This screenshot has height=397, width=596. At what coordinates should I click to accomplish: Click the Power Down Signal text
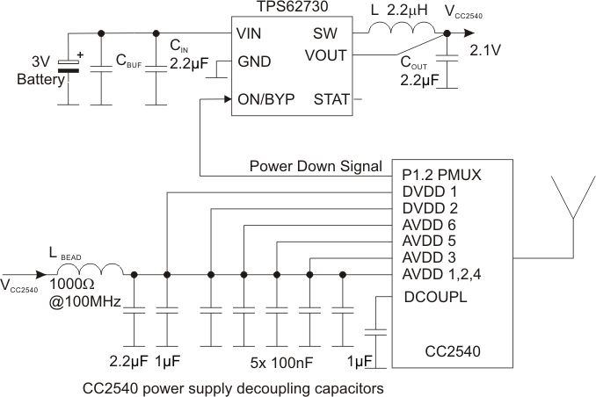point(315,165)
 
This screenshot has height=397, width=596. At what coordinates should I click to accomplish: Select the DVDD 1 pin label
point(429,191)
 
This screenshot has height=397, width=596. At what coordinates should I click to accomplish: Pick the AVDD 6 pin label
point(429,225)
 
